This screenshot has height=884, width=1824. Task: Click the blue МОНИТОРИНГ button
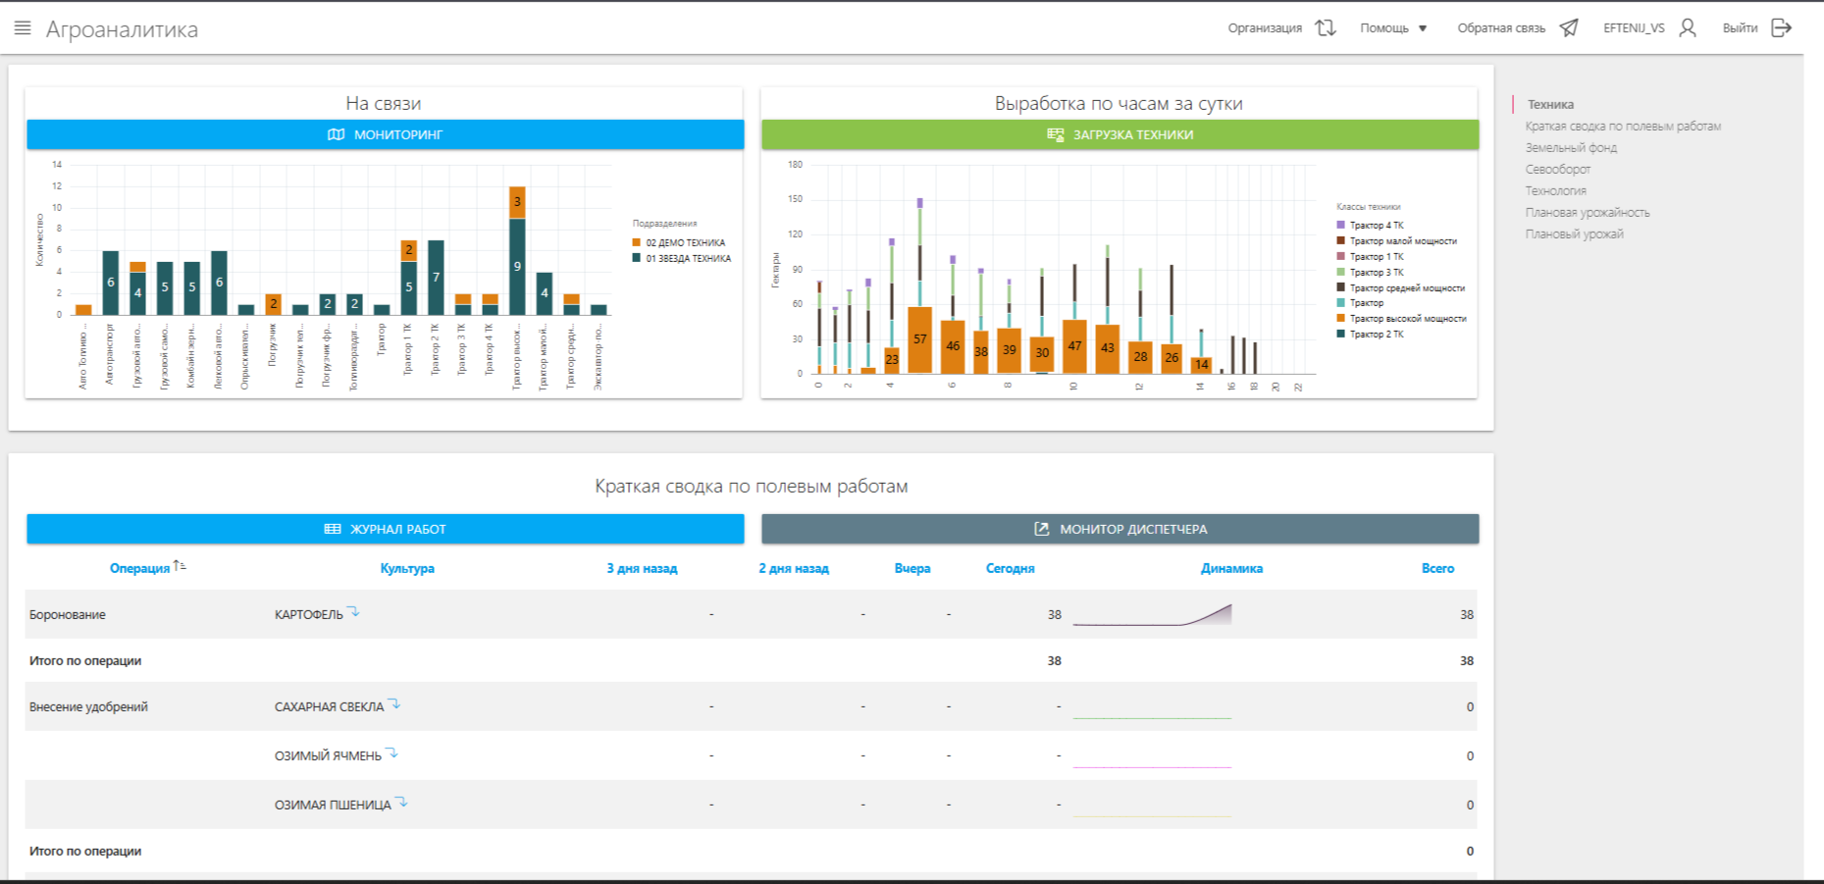[385, 134]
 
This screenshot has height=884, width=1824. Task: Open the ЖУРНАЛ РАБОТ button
[385, 529]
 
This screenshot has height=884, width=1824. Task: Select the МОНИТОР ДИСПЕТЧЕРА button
[1120, 529]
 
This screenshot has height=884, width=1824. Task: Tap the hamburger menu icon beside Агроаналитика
[23, 28]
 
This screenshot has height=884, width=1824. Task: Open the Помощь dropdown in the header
[1393, 28]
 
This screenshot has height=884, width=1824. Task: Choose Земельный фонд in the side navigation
[1571, 148]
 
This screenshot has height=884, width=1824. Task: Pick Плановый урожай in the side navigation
[1574, 234]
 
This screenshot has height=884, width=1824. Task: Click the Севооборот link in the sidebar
[1557, 170]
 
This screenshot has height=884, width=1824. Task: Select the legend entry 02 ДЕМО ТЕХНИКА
[685, 242]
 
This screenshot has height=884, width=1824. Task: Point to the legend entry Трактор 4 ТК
[1376, 226]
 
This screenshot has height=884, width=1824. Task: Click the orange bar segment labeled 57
[919, 339]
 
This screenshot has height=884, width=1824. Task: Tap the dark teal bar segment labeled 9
[517, 266]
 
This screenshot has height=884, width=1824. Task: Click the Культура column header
[407, 569]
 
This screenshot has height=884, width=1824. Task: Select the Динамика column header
[1231, 569]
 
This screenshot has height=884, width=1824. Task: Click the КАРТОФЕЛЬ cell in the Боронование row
[309, 615]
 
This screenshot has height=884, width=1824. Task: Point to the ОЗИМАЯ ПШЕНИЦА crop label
[333, 806]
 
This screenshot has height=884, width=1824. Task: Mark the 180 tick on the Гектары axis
[795, 165]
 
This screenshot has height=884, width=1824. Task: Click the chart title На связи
[383, 103]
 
